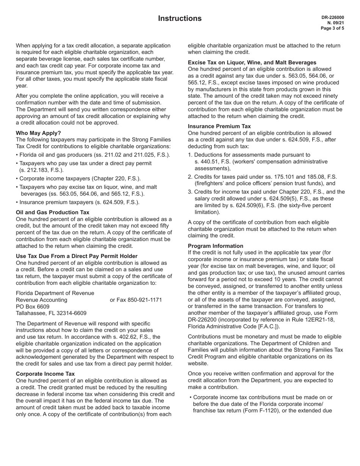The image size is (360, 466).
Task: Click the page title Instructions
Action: (x=180, y=19)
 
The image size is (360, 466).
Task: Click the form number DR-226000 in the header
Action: (x=333, y=17)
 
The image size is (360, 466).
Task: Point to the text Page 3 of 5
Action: (x=332, y=28)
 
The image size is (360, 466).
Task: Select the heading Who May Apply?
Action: (x=38, y=133)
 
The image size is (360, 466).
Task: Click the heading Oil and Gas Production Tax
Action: (x=53, y=213)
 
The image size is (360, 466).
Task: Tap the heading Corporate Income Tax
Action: (x=45, y=374)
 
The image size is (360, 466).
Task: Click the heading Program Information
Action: (x=216, y=246)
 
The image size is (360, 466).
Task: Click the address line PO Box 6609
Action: (x=33, y=306)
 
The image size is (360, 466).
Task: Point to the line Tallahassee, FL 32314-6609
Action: (x=51, y=313)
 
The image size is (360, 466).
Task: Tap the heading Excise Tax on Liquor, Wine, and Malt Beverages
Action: (x=252, y=62)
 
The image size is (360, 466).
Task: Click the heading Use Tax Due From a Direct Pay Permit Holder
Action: (x=77, y=256)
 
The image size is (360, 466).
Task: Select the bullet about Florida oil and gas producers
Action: (x=93, y=155)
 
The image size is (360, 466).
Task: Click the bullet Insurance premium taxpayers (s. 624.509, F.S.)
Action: (x=78, y=202)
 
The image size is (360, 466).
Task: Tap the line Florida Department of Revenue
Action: (x=55, y=293)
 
